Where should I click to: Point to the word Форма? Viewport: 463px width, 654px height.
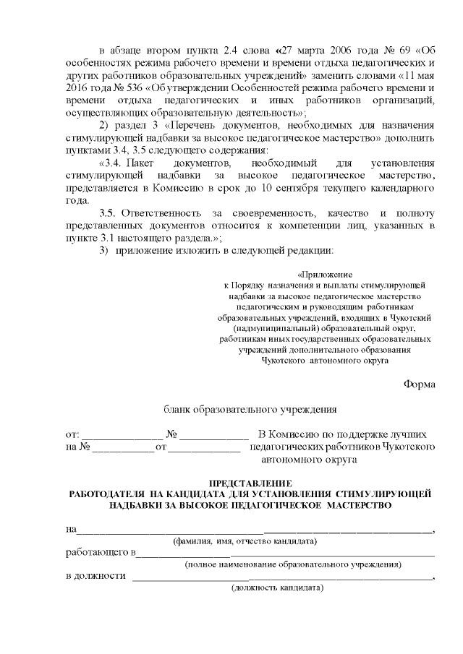tap(419, 384)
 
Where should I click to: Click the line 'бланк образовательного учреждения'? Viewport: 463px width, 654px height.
tap(250, 409)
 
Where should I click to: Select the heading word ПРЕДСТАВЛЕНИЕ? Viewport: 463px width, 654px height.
tap(250, 482)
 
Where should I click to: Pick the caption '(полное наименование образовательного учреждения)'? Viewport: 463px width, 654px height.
tap(293, 564)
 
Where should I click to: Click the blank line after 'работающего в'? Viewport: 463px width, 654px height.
tap(285, 555)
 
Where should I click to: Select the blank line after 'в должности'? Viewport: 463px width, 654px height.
tap(281, 578)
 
